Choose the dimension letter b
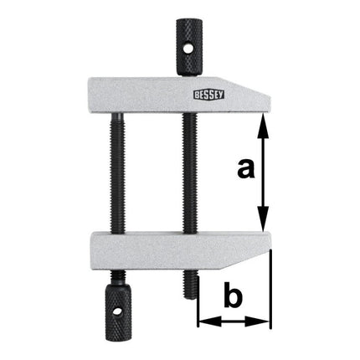pyautogui.click(x=234, y=298)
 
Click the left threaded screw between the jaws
pyautogui.click(x=113, y=172)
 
